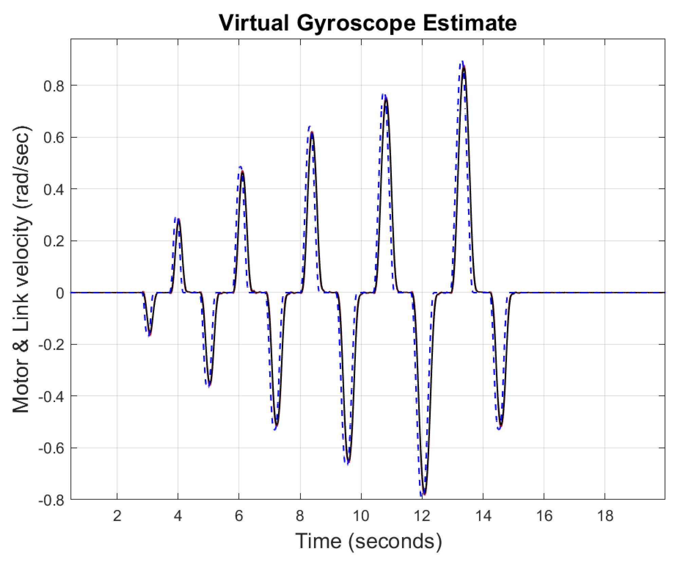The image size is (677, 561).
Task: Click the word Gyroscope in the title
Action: (356, 23)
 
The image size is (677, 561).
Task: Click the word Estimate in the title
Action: (470, 23)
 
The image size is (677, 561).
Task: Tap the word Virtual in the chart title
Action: (254, 23)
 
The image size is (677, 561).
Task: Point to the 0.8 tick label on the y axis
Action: (54, 86)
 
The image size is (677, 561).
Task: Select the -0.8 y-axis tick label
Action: (51, 500)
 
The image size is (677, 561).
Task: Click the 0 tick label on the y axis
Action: (60, 293)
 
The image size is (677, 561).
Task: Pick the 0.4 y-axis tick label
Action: (54, 190)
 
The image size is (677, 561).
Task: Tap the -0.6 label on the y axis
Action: (51, 449)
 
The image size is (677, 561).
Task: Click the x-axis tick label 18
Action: (605, 516)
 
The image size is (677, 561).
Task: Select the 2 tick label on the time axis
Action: (117, 516)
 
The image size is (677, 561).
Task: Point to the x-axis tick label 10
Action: (361, 516)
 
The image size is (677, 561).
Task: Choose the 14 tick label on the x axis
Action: (483, 516)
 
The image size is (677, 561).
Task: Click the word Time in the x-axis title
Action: (318, 541)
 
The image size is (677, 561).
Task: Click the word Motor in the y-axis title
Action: (22, 387)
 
